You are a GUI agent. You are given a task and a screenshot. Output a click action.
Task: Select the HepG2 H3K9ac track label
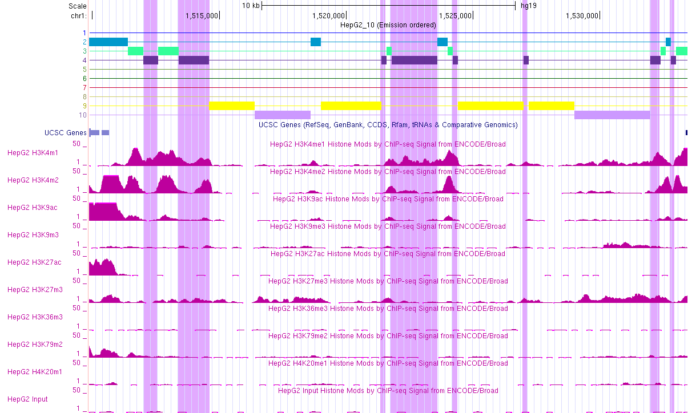(x=32, y=208)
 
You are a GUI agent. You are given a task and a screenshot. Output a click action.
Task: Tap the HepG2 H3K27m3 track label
(x=35, y=290)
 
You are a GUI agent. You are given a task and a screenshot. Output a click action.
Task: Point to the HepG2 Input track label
(x=27, y=399)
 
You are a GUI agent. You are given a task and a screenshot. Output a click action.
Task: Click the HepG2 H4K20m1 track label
(x=35, y=372)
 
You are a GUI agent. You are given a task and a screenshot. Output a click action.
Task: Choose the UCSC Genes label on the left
(x=66, y=133)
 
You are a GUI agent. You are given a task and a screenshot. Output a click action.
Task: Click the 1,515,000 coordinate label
(x=202, y=16)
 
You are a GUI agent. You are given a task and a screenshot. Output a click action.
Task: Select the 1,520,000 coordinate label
(x=328, y=16)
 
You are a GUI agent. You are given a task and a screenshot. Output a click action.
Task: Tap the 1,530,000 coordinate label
(x=582, y=16)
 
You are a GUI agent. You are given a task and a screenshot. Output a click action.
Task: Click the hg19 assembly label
(x=528, y=6)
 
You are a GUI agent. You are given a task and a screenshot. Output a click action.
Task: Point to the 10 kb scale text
(x=251, y=6)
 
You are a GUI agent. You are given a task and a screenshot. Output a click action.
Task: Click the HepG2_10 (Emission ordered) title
(x=388, y=25)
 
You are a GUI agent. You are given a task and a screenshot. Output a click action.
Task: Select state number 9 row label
(x=85, y=106)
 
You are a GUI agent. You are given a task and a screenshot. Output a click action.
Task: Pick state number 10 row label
(x=83, y=115)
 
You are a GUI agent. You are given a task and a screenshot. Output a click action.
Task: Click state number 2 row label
(x=85, y=42)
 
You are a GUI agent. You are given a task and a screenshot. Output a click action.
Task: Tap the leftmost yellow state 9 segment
(x=231, y=106)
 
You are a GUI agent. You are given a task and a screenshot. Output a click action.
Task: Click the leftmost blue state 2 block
(x=108, y=42)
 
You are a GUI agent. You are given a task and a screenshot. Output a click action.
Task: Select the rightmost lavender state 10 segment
(x=611, y=115)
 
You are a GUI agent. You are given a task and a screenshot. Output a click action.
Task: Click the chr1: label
(x=79, y=16)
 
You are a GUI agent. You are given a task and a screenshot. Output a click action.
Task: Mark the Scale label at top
(x=77, y=6)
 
